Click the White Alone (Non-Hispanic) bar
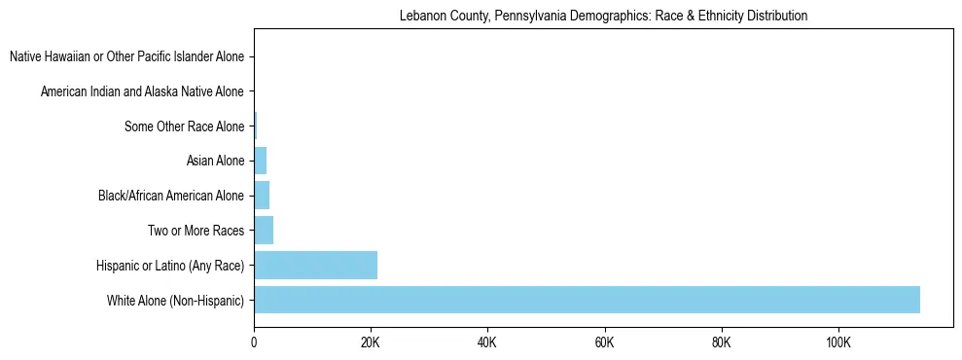[x=587, y=300]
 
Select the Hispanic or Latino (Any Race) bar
[x=315, y=265]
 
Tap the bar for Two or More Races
[x=264, y=231]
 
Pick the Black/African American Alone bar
[x=262, y=196]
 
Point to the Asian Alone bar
[x=260, y=161]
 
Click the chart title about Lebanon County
[x=603, y=16]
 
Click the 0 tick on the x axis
[x=254, y=343]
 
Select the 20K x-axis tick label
[x=371, y=343]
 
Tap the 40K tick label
[x=487, y=343]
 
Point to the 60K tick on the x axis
[x=604, y=343]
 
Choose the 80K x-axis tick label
[x=721, y=343]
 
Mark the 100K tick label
[x=837, y=343]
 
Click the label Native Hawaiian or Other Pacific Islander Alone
[x=126, y=57]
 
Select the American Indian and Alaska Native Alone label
[x=142, y=91]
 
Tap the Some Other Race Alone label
[x=184, y=126]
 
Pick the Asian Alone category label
[x=215, y=161]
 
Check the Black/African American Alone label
[x=170, y=196]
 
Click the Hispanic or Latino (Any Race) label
[x=169, y=265]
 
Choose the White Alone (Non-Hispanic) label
[x=175, y=300]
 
